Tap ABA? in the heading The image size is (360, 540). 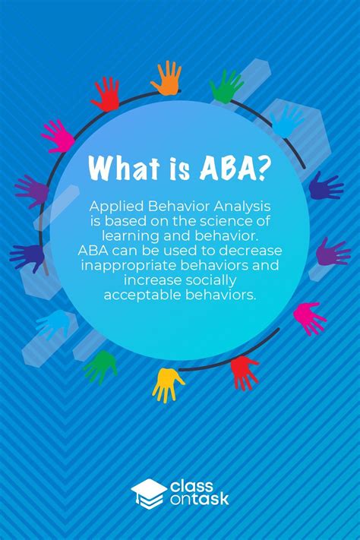point(234,168)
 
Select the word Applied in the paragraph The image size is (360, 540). point(116,207)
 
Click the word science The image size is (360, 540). point(232,222)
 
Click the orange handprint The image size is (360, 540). point(166,77)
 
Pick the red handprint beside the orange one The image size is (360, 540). point(106,93)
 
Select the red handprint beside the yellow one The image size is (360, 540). point(244,371)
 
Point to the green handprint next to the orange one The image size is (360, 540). point(227,85)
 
